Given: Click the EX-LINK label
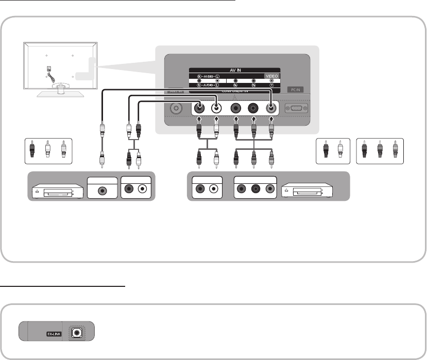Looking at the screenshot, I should tap(54, 334).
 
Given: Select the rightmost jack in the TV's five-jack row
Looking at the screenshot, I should tap(271, 109).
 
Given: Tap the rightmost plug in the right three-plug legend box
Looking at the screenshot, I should tap(395, 150).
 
